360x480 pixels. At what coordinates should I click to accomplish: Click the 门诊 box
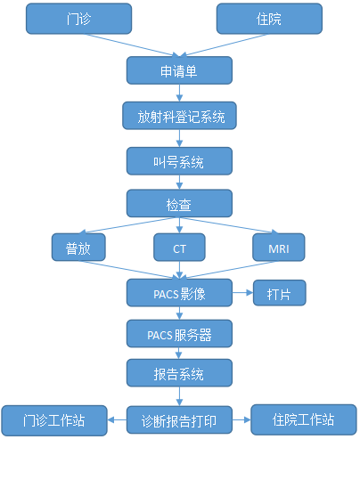(x=78, y=19)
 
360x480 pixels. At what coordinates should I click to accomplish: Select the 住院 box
(x=269, y=19)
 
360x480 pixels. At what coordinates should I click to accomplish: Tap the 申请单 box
(x=179, y=70)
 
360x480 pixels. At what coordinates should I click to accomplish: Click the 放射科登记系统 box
(x=179, y=116)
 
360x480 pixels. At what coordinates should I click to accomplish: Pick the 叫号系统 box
(x=179, y=161)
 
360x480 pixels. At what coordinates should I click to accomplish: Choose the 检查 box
(x=179, y=203)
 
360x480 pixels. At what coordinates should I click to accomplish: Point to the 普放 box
(x=78, y=248)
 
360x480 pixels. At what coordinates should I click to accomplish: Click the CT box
(x=179, y=248)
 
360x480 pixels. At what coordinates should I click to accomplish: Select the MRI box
(x=279, y=248)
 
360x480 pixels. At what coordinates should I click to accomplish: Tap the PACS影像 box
(x=179, y=293)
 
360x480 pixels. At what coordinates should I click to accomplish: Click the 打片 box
(x=280, y=293)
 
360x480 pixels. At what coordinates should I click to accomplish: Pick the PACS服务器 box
(x=179, y=334)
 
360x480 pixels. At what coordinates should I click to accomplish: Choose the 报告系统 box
(x=179, y=373)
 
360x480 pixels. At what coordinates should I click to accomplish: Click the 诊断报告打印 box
(x=179, y=420)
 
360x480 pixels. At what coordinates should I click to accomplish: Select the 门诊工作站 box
(x=54, y=420)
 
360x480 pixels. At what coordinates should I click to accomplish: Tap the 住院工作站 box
(x=304, y=419)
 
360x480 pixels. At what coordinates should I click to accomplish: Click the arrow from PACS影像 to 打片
(x=242, y=293)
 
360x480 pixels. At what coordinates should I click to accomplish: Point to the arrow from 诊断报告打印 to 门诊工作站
(x=117, y=419)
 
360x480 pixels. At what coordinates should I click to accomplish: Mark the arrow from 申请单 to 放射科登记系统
(x=179, y=93)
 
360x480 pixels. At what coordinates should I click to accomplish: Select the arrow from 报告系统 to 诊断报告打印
(x=179, y=396)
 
